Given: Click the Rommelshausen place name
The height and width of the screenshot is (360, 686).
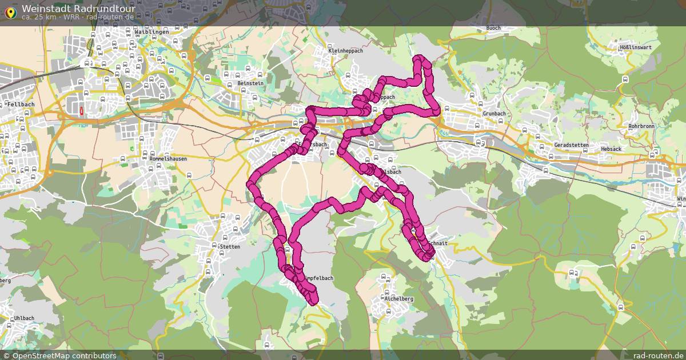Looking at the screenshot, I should [168, 159].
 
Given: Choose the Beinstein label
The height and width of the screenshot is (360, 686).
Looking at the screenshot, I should [250, 83].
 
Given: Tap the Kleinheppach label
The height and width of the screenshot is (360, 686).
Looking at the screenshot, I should [346, 51].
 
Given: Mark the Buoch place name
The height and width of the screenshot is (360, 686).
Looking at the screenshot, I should [493, 28].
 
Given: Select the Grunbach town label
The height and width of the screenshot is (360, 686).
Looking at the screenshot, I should [494, 114].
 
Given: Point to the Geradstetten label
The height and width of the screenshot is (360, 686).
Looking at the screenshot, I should [571, 145].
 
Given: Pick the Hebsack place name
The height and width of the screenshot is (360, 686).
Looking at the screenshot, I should [611, 149].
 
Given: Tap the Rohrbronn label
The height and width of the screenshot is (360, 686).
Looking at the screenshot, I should [641, 126].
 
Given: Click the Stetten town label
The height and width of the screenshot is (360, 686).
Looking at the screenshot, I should [230, 247].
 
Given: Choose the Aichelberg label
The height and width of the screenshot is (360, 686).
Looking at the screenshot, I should [399, 299].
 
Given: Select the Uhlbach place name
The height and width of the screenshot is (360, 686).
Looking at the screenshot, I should [25, 318].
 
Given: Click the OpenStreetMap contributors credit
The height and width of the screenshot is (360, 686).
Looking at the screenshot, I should [64, 355].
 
